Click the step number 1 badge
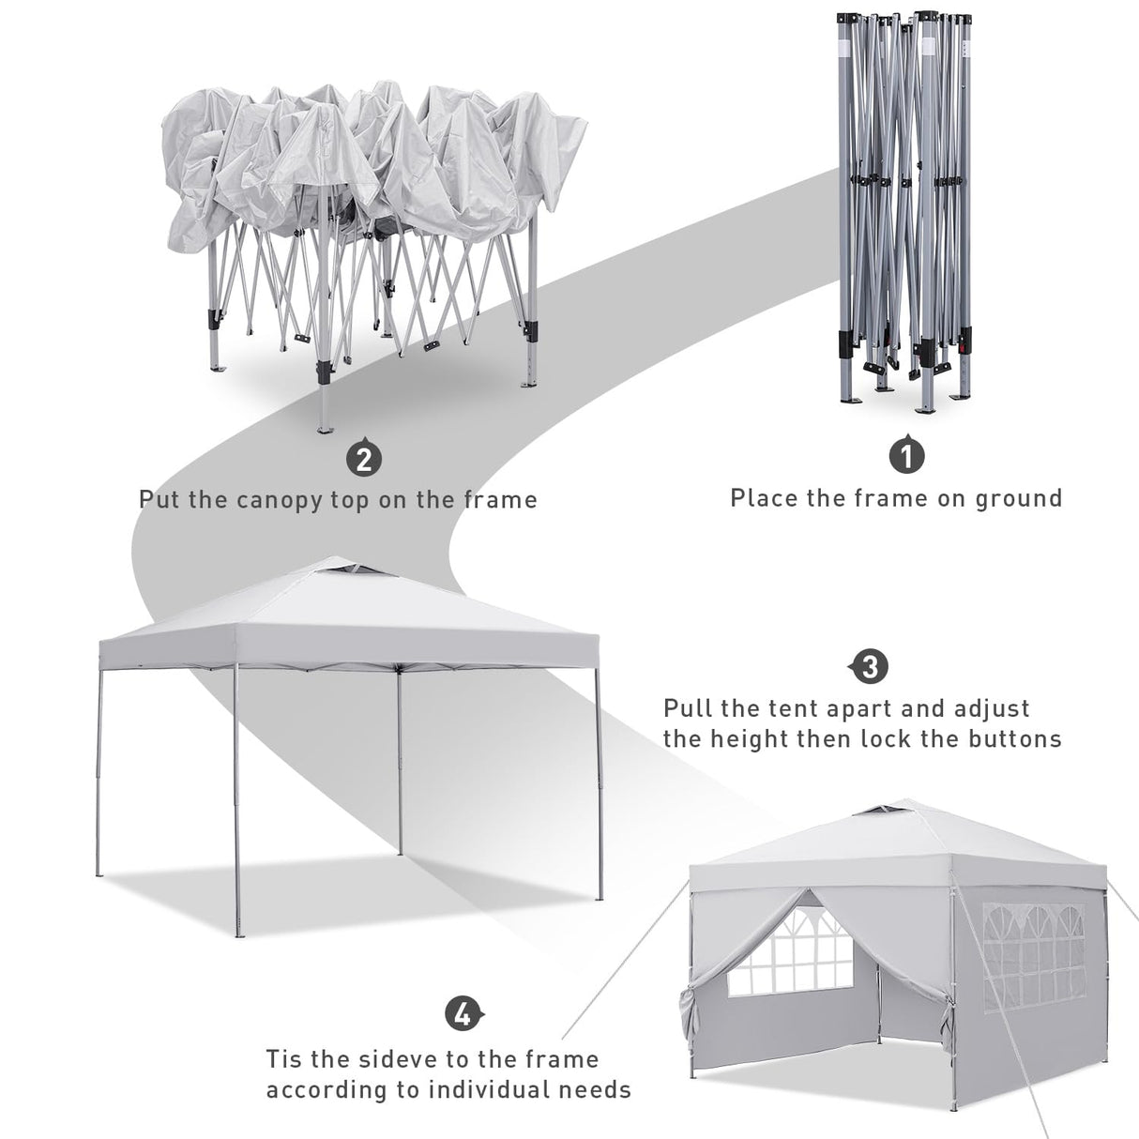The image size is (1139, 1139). click(x=906, y=455)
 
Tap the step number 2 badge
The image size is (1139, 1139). click(x=364, y=459)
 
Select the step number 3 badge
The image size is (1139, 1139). click(x=870, y=667)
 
